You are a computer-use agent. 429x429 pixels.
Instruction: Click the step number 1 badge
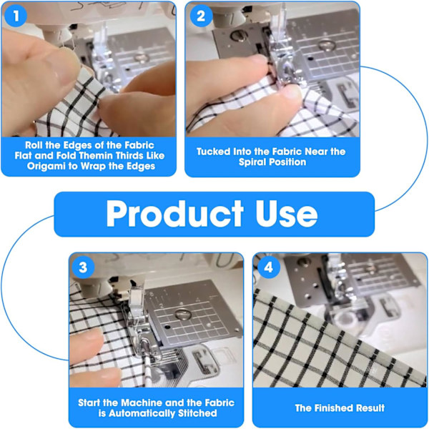[x=16, y=16]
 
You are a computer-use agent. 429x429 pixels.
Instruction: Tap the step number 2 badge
[x=201, y=16]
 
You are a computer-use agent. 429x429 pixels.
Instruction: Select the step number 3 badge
[x=83, y=267]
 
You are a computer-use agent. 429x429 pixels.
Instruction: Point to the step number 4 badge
[x=269, y=267]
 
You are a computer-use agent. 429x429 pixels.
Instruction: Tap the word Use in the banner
[x=287, y=214]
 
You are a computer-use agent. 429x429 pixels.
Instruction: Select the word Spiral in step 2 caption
[x=252, y=162]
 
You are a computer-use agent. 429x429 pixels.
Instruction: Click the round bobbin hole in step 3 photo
[x=182, y=315]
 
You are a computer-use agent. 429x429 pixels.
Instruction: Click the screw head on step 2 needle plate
[x=237, y=35]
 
